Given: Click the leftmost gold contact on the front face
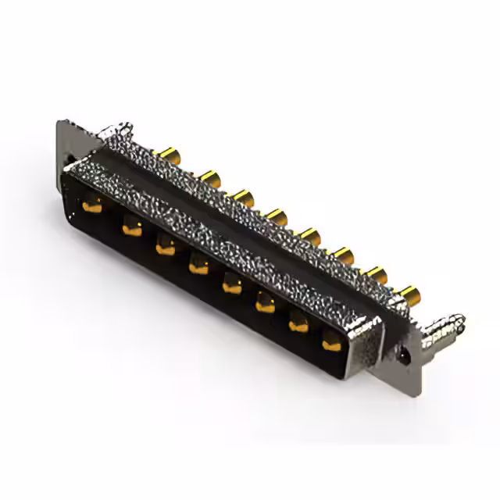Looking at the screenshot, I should tap(92, 207).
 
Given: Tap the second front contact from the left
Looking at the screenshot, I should tap(130, 228).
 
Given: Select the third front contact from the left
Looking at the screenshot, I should tap(165, 248).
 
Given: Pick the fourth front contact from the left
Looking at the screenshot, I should tap(198, 267).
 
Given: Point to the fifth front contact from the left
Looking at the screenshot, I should tap(232, 286).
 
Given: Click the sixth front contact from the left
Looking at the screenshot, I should tap(266, 304).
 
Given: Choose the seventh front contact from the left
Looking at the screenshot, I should tap(299, 323).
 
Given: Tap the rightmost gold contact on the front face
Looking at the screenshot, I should tap(332, 341).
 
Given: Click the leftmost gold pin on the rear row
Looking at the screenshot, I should tap(166, 155).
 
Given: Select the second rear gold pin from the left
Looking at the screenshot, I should tap(209, 177).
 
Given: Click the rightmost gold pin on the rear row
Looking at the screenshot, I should tap(409, 295).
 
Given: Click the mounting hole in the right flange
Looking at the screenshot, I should tap(404, 353).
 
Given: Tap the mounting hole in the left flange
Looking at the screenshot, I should tap(69, 166).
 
